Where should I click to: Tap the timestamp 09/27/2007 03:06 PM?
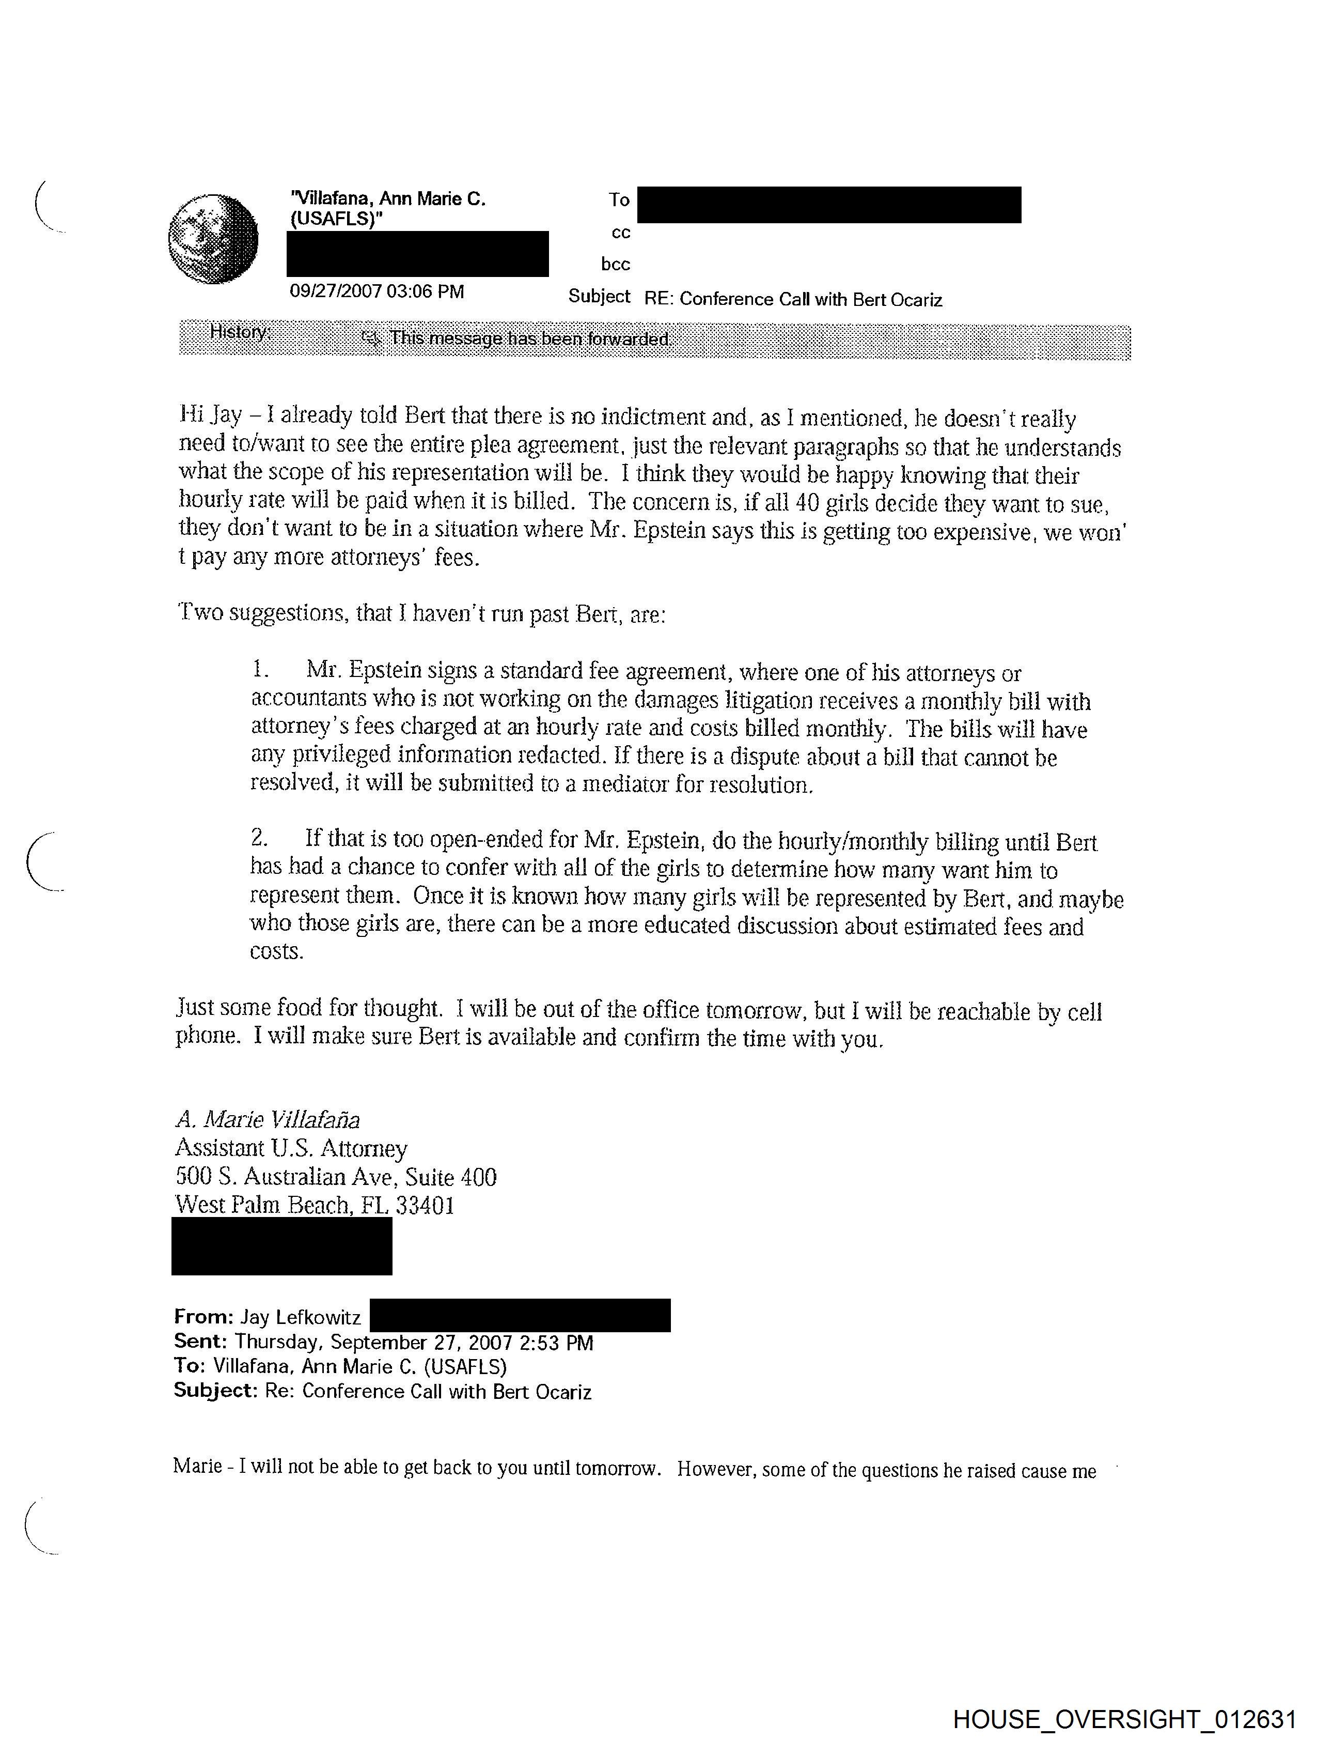pyautogui.click(x=377, y=292)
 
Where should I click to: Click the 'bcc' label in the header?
pyautogui.click(x=615, y=265)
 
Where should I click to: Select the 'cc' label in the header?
pyautogui.click(x=621, y=233)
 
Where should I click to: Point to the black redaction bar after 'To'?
pyautogui.click(x=828, y=205)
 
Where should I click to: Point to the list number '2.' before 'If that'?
pyautogui.click(x=260, y=838)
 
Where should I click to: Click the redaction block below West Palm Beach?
pyautogui.click(x=281, y=1246)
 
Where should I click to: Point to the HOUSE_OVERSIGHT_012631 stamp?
pyautogui.click(x=1124, y=1719)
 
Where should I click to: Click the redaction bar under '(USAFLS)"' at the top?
pyautogui.click(x=417, y=253)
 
